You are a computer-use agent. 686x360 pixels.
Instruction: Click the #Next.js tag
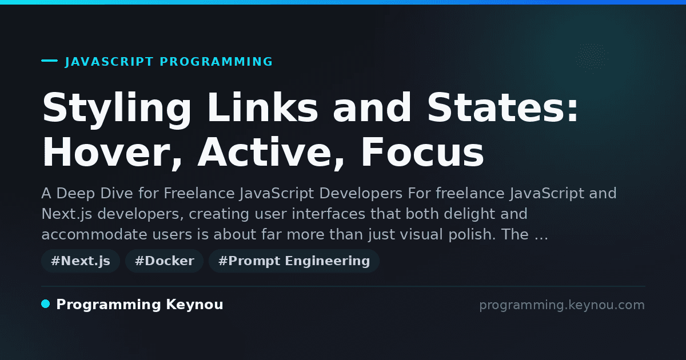(81, 261)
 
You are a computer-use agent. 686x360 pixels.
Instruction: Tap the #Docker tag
(165, 261)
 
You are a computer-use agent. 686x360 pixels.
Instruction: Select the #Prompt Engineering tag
(294, 261)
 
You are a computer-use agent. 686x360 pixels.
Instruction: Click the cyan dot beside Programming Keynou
(46, 304)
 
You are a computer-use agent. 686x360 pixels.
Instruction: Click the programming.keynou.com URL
(562, 305)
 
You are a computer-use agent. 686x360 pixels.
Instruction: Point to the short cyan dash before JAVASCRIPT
(50, 61)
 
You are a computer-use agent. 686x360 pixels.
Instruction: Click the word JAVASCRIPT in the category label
(109, 62)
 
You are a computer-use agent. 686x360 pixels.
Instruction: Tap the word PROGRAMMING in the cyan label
(216, 62)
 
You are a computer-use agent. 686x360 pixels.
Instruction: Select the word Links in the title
(263, 107)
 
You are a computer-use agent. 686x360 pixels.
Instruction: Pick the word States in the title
(502, 107)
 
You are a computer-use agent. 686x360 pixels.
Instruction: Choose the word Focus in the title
(422, 152)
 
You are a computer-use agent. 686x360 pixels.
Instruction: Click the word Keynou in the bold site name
(194, 305)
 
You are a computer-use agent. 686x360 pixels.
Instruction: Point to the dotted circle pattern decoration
(592, 58)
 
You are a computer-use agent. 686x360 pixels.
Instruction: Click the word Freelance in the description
(199, 193)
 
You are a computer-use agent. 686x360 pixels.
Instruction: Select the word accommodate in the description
(94, 234)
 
